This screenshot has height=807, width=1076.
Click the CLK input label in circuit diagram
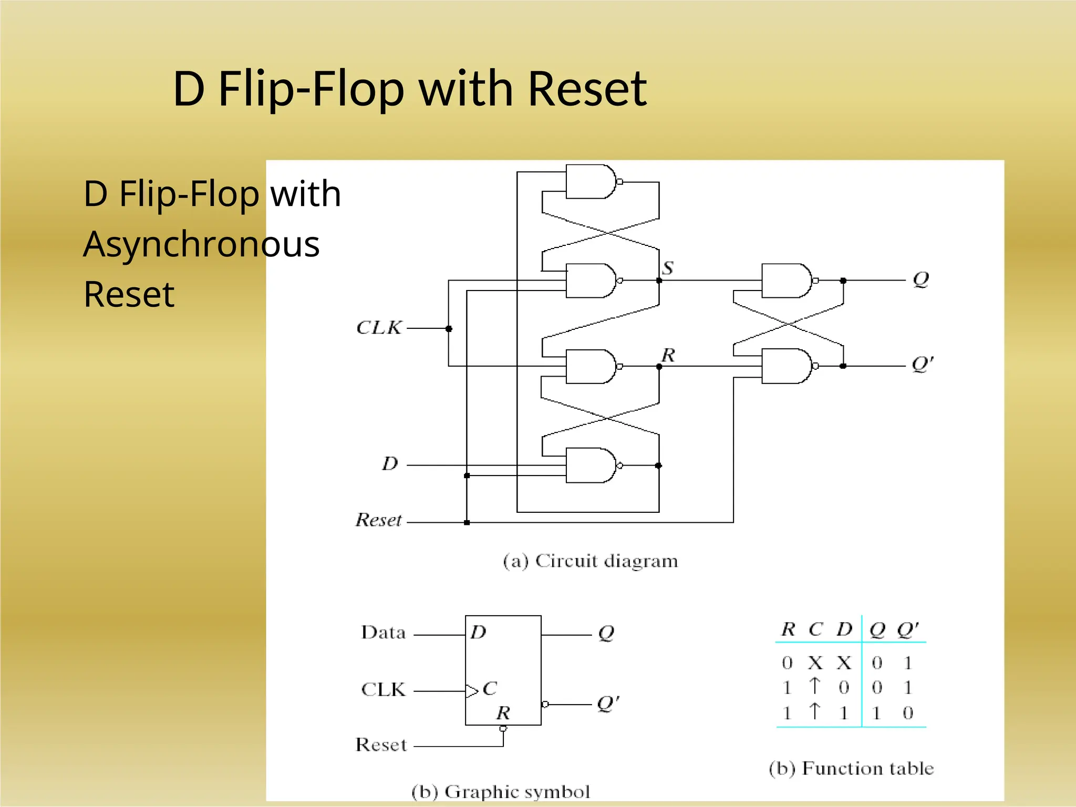click(x=379, y=328)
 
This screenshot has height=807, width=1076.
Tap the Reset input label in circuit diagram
click(x=378, y=520)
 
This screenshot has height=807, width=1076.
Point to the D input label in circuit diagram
click(x=390, y=463)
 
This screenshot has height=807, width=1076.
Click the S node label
click(x=667, y=268)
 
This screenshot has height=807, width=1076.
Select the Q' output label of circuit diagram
click(x=922, y=364)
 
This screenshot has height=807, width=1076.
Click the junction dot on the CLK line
click(x=449, y=329)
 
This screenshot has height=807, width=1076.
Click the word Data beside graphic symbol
click(x=384, y=633)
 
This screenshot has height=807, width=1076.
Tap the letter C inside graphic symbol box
click(x=490, y=688)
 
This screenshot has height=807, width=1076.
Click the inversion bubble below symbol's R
click(x=503, y=729)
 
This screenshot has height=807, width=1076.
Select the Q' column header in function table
click(x=908, y=629)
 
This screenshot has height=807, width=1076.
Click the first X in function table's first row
click(x=815, y=663)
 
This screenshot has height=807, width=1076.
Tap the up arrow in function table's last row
click(x=814, y=711)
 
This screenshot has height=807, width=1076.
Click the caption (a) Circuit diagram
click(x=591, y=561)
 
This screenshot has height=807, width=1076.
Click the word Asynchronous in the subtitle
click(x=201, y=244)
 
